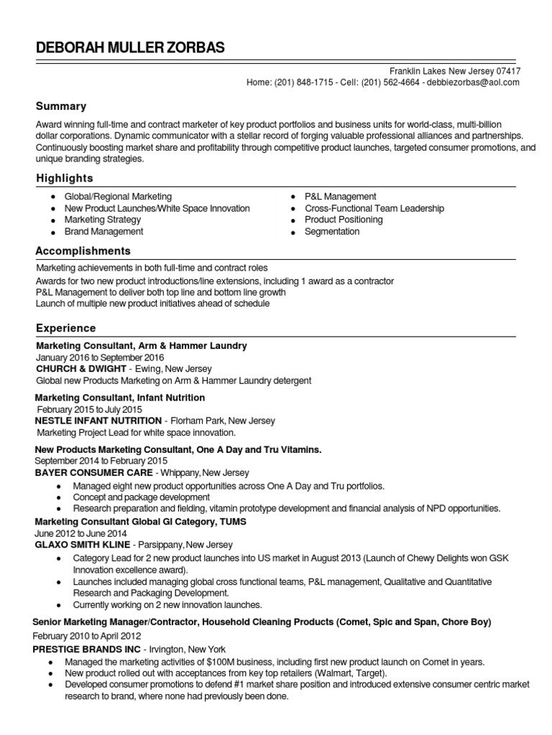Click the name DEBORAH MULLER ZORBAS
[129, 47]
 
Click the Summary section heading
[61, 106]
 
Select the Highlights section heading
[65, 178]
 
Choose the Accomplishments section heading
[83, 251]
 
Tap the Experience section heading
[66, 328]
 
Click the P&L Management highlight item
[340, 197]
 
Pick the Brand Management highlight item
[103, 232]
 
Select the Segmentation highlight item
[332, 232]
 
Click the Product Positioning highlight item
[344, 220]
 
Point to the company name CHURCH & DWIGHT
[80, 369]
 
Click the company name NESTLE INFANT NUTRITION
[98, 421]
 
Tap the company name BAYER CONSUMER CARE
[93, 473]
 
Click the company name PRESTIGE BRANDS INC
[87, 649]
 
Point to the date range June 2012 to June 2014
[80, 534]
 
